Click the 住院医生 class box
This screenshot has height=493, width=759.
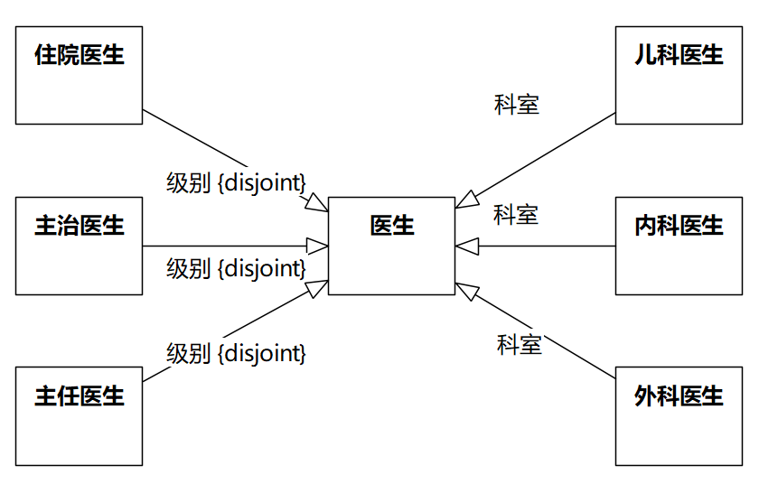(79, 75)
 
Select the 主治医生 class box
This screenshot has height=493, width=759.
(79, 246)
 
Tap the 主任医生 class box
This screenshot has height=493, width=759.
(79, 416)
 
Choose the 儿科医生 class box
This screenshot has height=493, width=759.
(679, 75)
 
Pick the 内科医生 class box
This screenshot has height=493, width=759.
(679, 246)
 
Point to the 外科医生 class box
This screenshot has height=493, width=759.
(679, 416)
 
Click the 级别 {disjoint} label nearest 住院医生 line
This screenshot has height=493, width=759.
(237, 182)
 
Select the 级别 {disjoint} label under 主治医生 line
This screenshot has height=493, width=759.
(237, 268)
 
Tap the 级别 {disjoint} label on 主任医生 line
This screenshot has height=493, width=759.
(237, 353)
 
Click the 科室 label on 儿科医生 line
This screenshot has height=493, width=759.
(517, 105)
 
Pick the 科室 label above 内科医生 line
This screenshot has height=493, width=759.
(516, 215)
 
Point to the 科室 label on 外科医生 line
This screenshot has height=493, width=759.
(520, 344)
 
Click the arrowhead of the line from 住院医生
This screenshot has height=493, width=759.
(317, 203)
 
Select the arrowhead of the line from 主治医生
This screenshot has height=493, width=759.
(317, 246)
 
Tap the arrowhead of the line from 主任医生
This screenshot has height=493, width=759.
(317, 288)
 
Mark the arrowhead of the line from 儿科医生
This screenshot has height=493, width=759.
(465, 200)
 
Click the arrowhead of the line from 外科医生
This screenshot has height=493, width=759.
(465, 290)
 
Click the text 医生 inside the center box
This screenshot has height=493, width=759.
(391, 225)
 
